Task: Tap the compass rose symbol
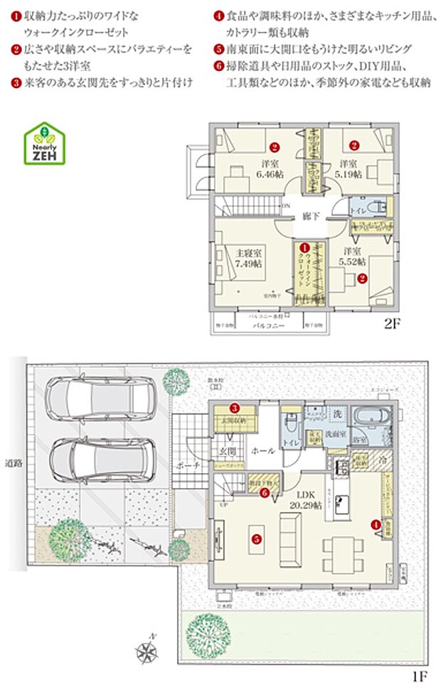pos(148,651)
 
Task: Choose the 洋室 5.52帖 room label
pos(354,256)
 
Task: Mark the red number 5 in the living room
pos(255,538)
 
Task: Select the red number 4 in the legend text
pos(219,14)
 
